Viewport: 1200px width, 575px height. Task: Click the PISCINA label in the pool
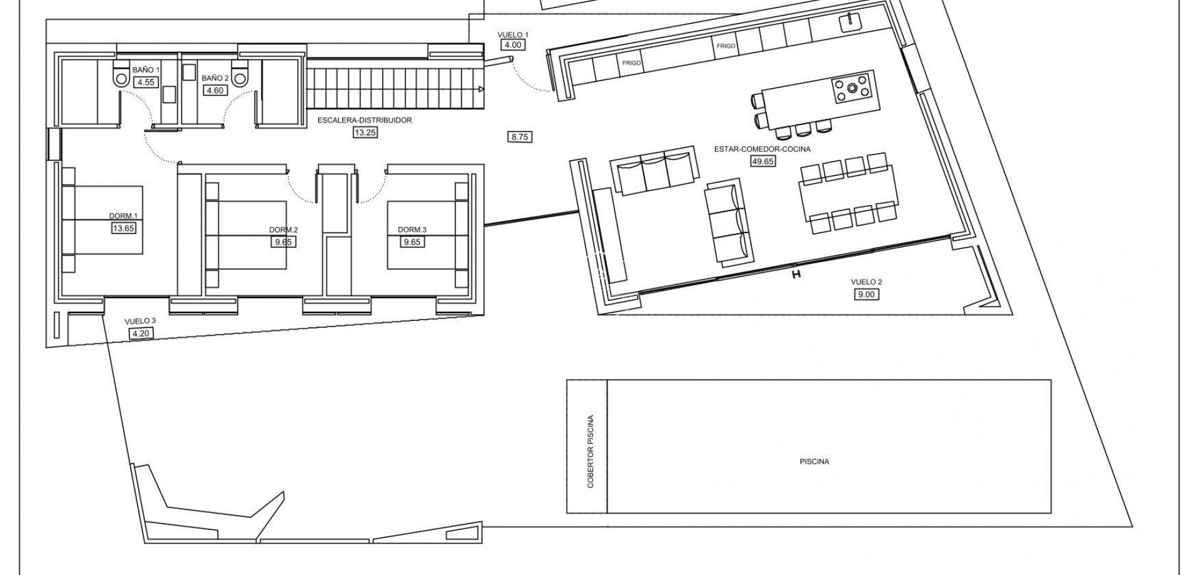(x=814, y=462)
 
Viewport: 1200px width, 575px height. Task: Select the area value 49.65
(x=762, y=161)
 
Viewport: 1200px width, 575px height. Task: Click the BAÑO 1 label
(x=146, y=71)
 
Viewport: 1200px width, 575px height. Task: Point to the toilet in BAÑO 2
(x=240, y=75)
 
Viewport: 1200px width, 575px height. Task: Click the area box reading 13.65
(x=123, y=228)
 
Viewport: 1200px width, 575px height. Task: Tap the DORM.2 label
(x=283, y=229)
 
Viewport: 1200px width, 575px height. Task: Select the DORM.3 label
(x=412, y=229)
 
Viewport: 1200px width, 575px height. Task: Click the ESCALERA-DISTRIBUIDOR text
(x=364, y=120)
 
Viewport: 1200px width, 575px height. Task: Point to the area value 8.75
(x=521, y=136)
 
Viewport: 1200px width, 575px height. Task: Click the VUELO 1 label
(x=512, y=34)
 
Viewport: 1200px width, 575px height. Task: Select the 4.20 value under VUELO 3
(x=140, y=333)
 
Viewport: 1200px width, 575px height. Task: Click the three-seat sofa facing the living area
(x=655, y=170)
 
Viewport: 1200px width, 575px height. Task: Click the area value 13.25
(x=364, y=132)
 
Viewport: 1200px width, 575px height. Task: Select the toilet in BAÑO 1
(x=121, y=75)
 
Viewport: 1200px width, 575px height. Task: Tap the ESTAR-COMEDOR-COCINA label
(x=762, y=149)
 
